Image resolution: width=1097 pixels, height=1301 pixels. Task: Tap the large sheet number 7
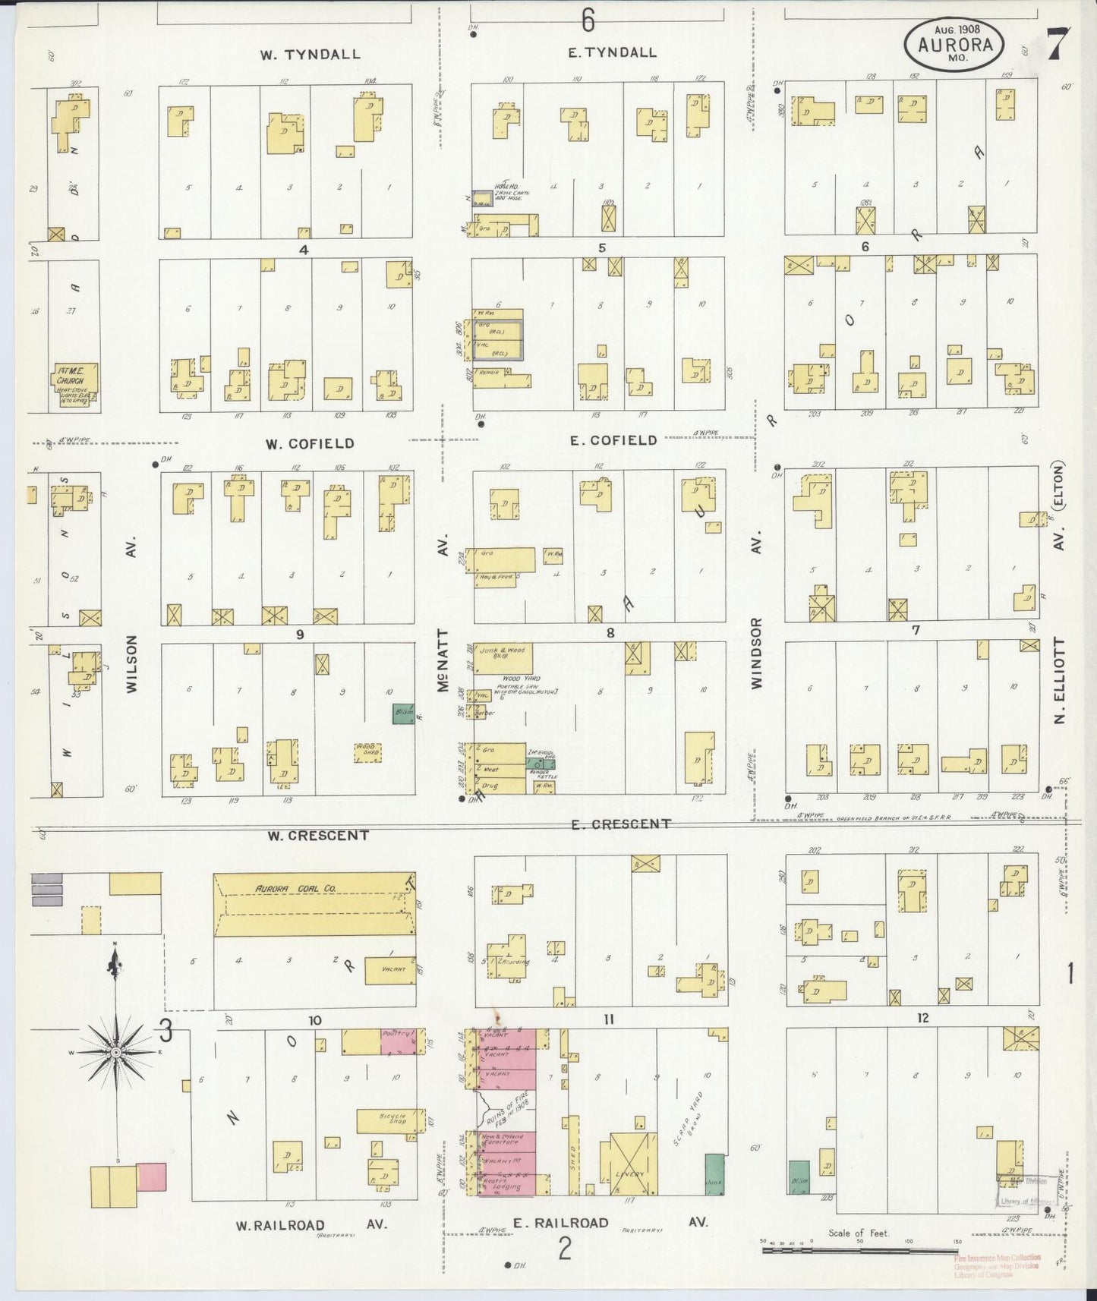coord(1057,44)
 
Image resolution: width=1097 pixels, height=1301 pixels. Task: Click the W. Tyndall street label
coord(310,54)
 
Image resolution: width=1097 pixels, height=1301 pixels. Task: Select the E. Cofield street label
coord(613,440)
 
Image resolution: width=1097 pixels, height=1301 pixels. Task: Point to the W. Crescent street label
coord(318,836)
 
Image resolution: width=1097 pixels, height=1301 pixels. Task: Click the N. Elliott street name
coord(1060,679)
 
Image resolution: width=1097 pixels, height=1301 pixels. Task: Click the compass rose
coord(115,1052)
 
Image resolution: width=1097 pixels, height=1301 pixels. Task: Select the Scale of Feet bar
coord(859,1248)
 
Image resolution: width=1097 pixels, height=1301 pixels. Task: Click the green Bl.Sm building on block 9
coord(403,714)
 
